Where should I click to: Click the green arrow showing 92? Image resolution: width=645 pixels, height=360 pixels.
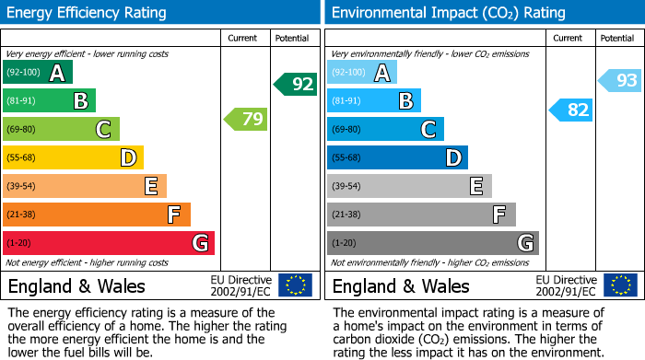tap(296, 84)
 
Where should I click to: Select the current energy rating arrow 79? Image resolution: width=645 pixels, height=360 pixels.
tap(245, 119)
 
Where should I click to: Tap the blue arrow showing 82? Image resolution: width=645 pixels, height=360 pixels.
tap(571, 110)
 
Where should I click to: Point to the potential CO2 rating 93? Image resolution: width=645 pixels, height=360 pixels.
tap(620, 81)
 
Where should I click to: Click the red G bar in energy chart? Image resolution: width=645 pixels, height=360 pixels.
tap(108, 243)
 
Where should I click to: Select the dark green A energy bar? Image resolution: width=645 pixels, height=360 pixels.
tap(37, 73)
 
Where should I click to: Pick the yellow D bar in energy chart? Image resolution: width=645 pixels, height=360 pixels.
tap(73, 158)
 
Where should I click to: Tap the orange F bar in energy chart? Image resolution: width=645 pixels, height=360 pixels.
tap(96, 215)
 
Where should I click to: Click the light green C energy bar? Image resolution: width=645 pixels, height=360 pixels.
tap(61, 130)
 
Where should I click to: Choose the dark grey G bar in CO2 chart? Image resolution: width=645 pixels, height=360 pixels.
tap(432, 243)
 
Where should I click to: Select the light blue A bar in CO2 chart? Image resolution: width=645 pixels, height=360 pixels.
tap(361, 73)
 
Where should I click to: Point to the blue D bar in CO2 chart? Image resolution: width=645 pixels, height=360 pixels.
tap(397, 158)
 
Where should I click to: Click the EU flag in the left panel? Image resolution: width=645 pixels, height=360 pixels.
tap(295, 285)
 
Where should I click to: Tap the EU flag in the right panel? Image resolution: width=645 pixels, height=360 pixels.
tap(619, 285)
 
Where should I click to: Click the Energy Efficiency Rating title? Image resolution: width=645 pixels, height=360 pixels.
tap(88, 13)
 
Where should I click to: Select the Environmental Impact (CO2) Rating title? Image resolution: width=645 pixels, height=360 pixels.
tap(448, 13)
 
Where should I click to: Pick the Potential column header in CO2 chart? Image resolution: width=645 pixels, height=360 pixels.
tap(616, 38)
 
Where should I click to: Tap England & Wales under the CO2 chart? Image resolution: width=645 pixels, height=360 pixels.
tap(401, 286)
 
